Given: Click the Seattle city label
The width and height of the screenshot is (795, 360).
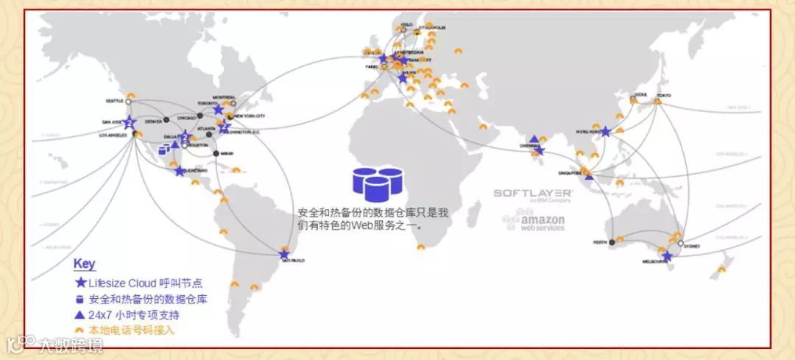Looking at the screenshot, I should click(x=115, y=102).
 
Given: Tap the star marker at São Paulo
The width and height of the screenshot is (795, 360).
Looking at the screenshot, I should click(x=284, y=254).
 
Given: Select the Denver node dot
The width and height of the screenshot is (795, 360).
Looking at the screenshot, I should click(x=166, y=119).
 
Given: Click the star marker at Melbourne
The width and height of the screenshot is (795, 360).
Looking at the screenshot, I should click(x=667, y=256).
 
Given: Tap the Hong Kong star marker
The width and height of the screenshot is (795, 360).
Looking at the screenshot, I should click(x=605, y=132).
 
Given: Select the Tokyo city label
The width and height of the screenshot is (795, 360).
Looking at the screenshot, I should click(x=665, y=94).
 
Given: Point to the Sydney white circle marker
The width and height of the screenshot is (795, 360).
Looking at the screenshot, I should click(x=681, y=244).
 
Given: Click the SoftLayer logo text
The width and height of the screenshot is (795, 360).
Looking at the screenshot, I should click(x=533, y=193).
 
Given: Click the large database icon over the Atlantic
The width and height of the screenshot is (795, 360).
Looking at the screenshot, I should click(x=378, y=184).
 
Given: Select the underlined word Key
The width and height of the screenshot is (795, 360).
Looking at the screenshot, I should click(x=84, y=264).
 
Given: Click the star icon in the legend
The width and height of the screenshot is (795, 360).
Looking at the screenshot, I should click(x=80, y=283).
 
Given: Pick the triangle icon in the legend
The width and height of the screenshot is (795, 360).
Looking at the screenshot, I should click(x=80, y=315).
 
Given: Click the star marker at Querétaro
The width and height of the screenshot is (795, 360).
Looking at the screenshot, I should click(x=180, y=171).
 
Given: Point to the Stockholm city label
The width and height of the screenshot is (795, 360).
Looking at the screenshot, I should click(x=432, y=27).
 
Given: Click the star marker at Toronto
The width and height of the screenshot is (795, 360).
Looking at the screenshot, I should click(x=218, y=109).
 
